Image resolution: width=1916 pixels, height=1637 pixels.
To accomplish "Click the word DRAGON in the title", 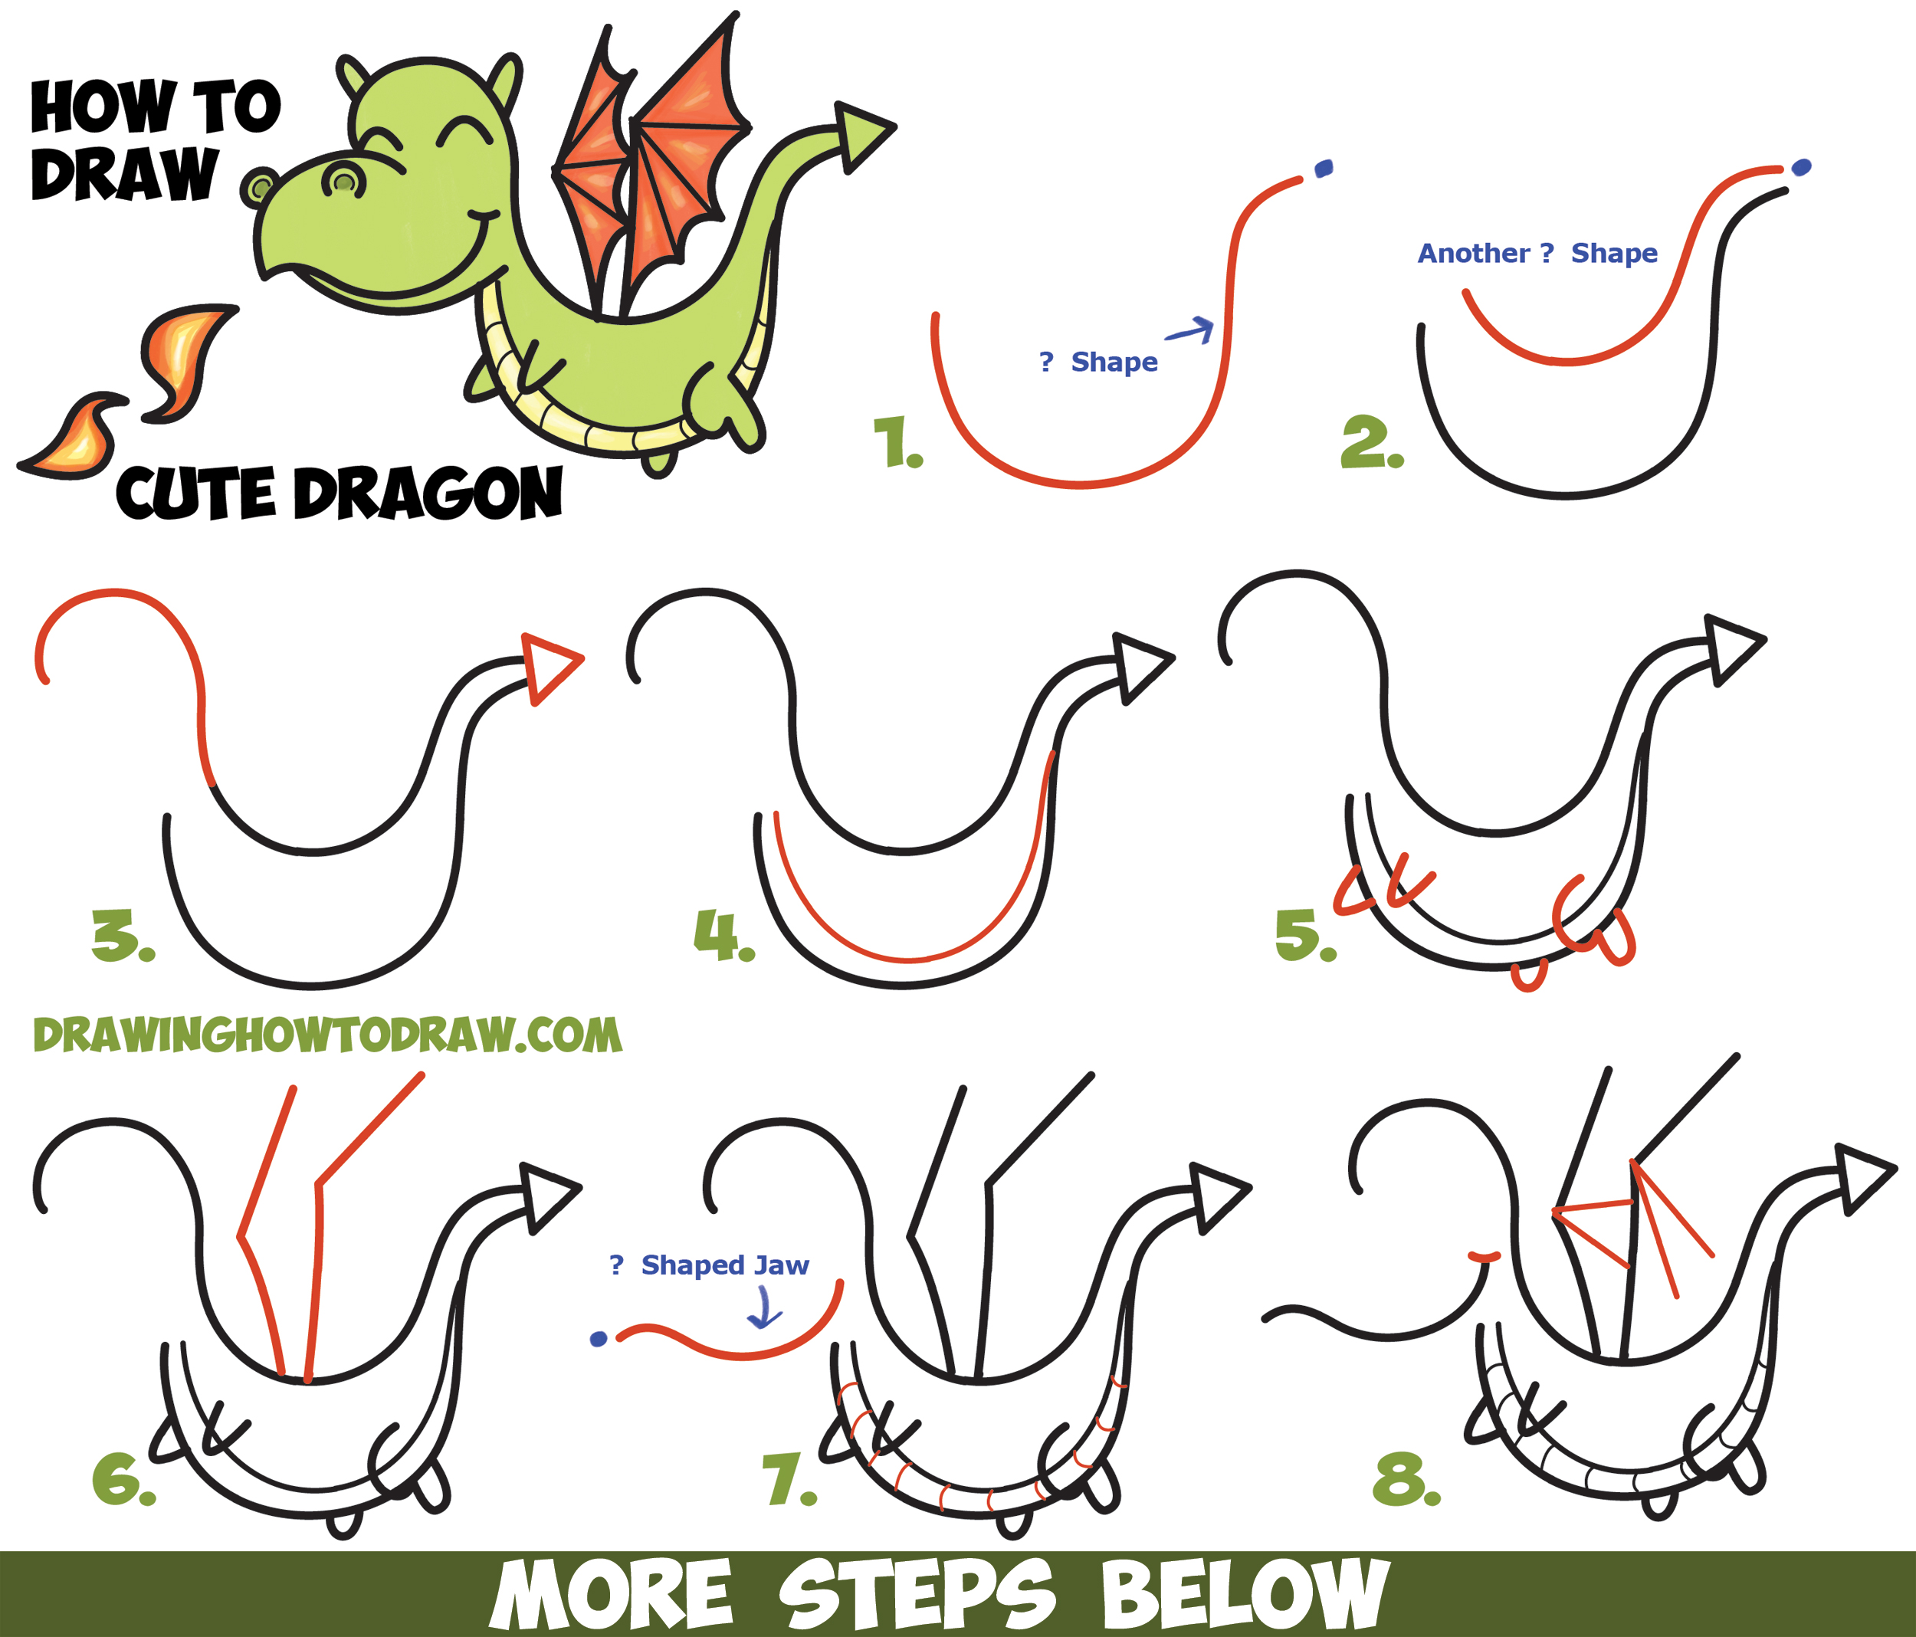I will pyautogui.click(x=427, y=493).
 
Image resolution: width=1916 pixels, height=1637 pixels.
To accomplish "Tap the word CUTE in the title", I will pyautogui.click(x=195, y=493).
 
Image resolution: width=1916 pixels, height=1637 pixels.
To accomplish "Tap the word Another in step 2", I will pyautogui.click(x=1473, y=254).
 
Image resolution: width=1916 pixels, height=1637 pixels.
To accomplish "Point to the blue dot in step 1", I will pyautogui.click(x=1324, y=169).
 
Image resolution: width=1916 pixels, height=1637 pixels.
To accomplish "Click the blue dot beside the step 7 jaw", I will pyautogui.click(x=599, y=1338).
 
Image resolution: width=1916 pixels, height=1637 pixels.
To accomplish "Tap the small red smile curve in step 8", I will pyautogui.click(x=1485, y=1256).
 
